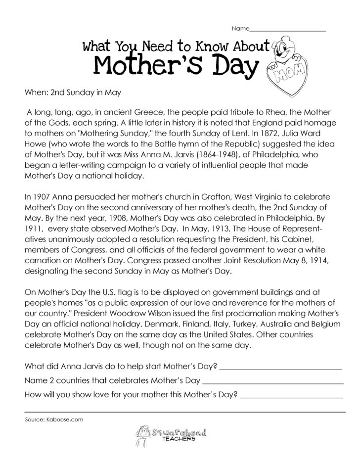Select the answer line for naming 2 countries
(273, 382)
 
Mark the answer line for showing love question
(294, 396)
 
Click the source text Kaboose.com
(67, 419)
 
